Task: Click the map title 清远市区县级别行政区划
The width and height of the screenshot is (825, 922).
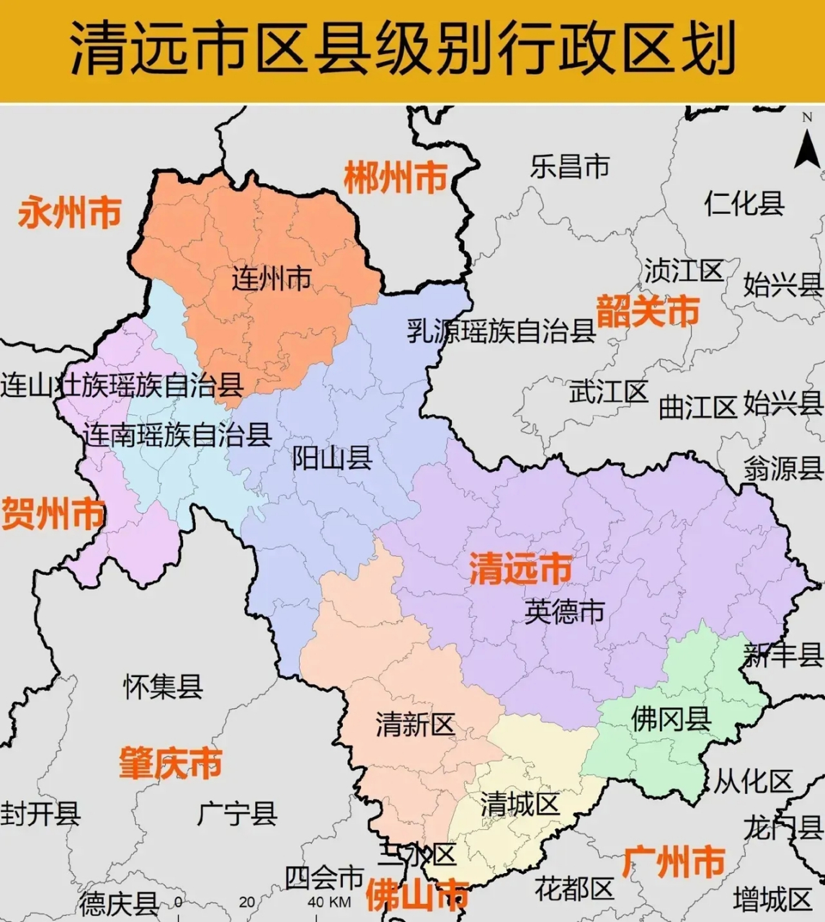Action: (403, 49)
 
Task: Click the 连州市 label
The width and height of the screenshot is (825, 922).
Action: (272, 278)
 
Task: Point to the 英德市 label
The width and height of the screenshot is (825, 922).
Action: (564, 612)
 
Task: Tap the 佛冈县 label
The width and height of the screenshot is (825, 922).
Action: (671, 718)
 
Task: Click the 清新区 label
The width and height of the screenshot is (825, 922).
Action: (415, 725)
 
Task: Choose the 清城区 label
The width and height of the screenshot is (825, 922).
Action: (520, 804)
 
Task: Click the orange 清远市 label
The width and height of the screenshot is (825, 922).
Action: (521, 569)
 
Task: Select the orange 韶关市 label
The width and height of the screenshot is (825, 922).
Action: (648, 312)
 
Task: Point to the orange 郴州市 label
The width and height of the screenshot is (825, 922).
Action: (396, 178)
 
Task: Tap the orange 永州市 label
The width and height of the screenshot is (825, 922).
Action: (69, 213)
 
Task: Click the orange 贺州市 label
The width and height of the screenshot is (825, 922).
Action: (53, 514)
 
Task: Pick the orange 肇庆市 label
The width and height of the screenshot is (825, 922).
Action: (171, 764)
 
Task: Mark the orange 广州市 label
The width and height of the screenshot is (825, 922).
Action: (674, 862)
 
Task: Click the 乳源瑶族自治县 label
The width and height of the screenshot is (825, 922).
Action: (501, 331)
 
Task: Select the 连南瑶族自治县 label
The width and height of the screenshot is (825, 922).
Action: (177, 434)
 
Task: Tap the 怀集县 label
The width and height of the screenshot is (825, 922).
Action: (163, 686)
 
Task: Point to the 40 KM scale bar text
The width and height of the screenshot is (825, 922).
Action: (329, 902)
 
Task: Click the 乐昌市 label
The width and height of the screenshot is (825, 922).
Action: (570, 166)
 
